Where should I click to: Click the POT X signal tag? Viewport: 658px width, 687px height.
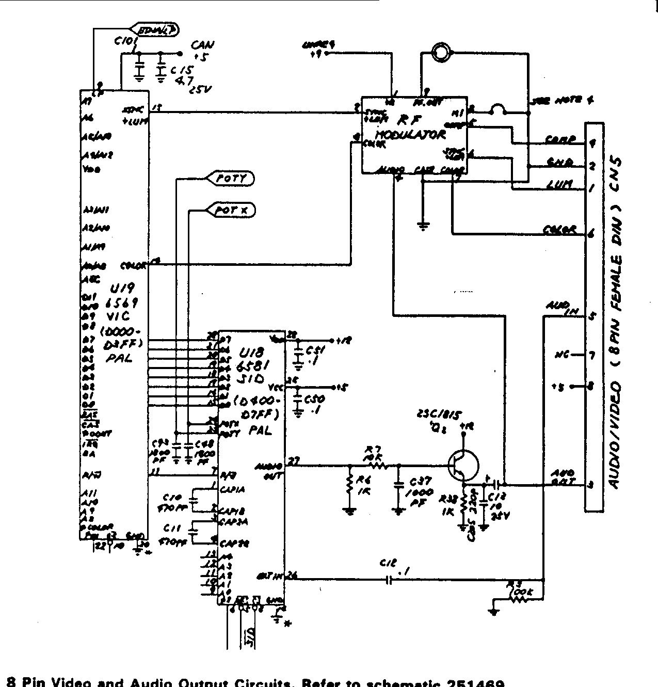[231, 210]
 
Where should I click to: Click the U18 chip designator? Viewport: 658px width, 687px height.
[252, 353]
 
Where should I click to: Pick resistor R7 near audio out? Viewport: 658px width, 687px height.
[376, 465]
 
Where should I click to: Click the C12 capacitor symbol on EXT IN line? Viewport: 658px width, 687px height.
[390, 580]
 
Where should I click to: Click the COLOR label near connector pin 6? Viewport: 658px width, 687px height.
[559, 230]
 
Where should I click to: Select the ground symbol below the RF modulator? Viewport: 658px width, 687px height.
[423, 225]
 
